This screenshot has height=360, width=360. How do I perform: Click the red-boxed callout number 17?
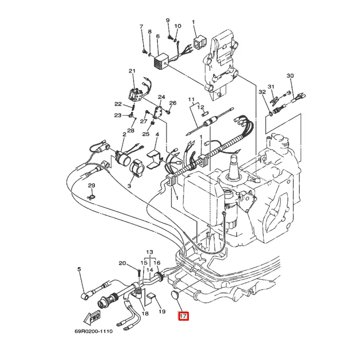[x=183, y=316]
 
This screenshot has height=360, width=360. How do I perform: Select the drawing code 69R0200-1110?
[x=93, y=331]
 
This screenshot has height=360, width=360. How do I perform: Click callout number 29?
[x=91, y=185]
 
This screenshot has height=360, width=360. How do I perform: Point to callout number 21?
[x=132, y=71]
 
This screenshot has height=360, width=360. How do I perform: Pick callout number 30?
[x=290, y=76]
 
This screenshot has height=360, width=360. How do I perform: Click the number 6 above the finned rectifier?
[x=158, y=36]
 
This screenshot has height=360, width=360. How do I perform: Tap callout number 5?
[x=79, y=269]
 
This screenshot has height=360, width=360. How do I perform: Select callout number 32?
[x=262, y=92]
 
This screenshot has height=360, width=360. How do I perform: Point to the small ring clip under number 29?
[x=91, y=197]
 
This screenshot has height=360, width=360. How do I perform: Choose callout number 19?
[x=162, y=311]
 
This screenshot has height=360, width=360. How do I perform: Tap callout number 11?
[x=191, y=100]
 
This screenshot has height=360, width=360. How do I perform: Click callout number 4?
[x=157, y=134]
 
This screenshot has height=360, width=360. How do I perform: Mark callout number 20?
[x=122, y=263]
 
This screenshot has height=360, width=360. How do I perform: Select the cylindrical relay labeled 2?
[x=123, y=157]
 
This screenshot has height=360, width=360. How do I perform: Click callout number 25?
[x=146, y=134]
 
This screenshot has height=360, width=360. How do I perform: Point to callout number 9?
[x=168, y=20]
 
